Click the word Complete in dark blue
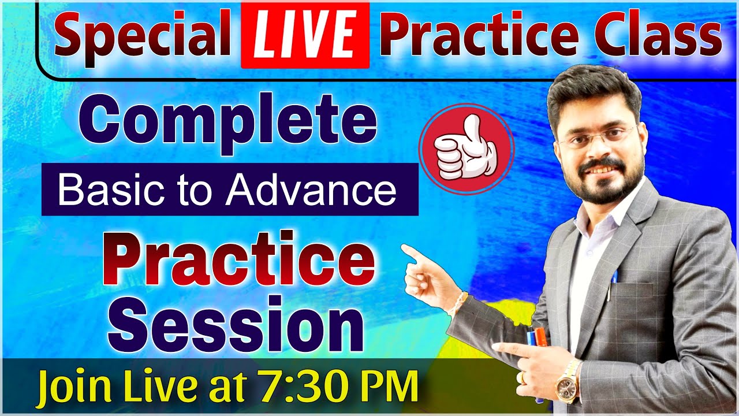(x=228, y=123)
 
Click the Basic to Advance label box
(x=229, y=190)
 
